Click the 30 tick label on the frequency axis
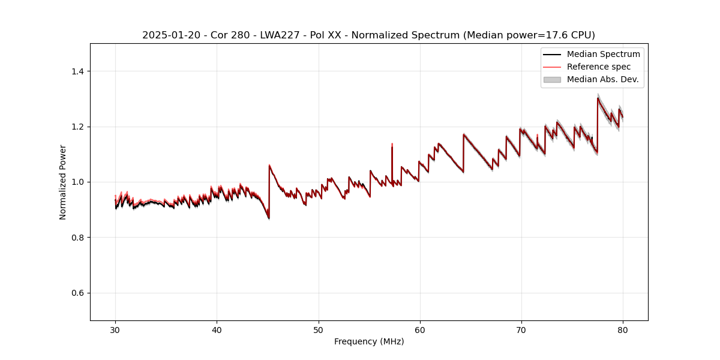[x=115, y=329]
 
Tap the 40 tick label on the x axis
[x=217, y=329]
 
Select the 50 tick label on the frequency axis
[x=319, y=329]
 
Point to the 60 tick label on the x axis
[x=420, y=329]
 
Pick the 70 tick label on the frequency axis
[x=521, y=329]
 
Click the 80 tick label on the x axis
[x=623, y=329]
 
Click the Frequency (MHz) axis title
[x=369, y=341]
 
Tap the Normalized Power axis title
[x=63, y=182]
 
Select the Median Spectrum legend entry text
[x=603, y=54]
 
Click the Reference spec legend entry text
[x=599, y=67]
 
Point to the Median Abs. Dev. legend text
[x=602, y=79]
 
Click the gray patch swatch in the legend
[x=552, y=79]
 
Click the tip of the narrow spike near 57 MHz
[x=392, y=144]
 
